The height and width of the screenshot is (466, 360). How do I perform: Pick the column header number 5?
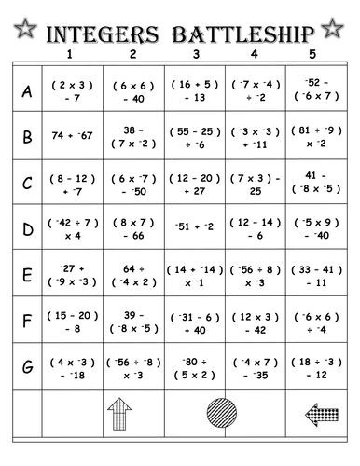(312, 55)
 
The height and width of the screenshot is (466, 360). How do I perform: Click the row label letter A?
(27, 90)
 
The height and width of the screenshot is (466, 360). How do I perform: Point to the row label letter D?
(27, 228)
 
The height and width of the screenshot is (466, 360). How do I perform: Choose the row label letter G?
(27, 366)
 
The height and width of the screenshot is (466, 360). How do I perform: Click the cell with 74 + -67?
(72, 136)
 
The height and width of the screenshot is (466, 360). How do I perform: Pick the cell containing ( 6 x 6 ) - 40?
(132, 90)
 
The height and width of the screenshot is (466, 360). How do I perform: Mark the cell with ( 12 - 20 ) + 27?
(192, 183)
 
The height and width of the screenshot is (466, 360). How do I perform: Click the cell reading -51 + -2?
(192, 227)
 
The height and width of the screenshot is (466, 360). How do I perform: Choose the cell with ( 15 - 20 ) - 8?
(72, 320)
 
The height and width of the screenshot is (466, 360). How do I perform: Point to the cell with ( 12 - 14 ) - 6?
(253, 228)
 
